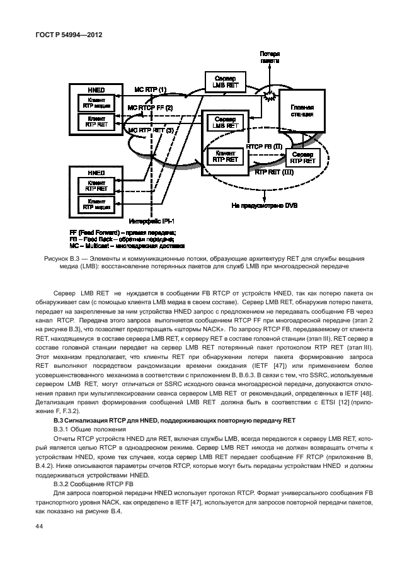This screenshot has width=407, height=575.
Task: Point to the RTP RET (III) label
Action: [273, 171]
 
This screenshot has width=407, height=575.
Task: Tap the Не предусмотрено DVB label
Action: [265, 205]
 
